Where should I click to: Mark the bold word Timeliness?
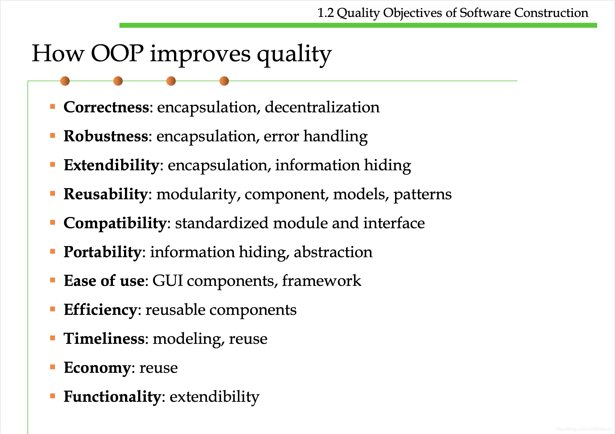[104, 339]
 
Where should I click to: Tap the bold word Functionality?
[112, 397]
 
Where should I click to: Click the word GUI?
[168, 281]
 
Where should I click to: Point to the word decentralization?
[322, 107]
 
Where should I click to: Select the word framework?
[322, 281]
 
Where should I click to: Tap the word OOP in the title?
[117, 53]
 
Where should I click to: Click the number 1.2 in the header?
[326, 13]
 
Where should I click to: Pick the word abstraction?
[333, 252]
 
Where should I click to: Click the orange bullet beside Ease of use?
[53, 280]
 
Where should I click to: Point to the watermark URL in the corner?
[584, 429]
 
